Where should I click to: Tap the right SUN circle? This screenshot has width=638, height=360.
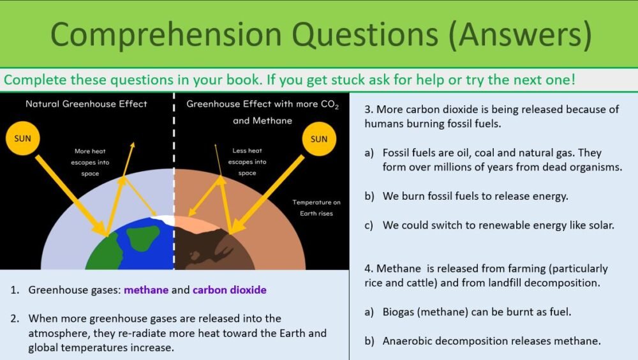[319, 139]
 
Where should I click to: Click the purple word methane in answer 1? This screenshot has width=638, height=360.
[146, 290]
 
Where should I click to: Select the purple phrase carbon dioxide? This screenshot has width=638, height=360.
[230, 290]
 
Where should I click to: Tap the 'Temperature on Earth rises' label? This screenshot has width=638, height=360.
[316, 207]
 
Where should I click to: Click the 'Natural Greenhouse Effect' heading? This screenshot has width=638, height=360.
[86, 103]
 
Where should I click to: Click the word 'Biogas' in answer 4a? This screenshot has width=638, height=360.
[400, 311]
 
